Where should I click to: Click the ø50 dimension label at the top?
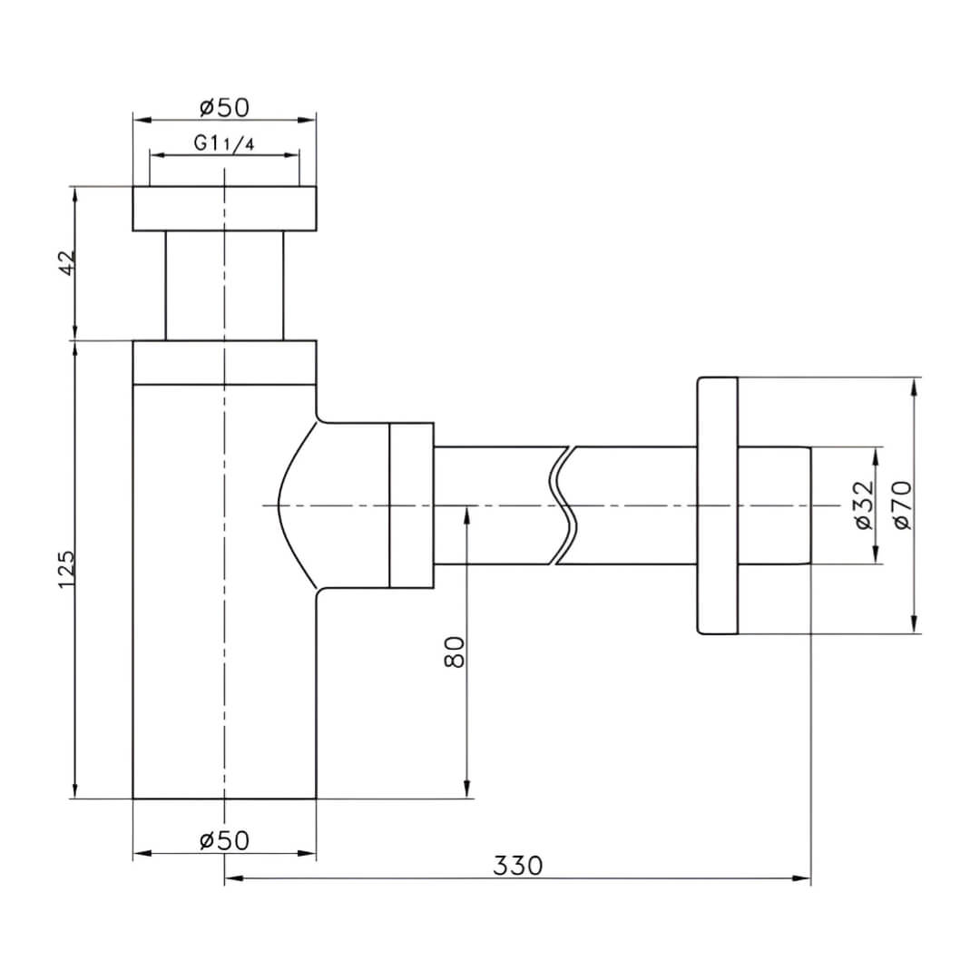224,107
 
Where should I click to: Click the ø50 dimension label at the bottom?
224,840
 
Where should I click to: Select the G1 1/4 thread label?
224,143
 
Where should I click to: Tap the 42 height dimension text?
66,262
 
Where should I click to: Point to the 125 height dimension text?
66,569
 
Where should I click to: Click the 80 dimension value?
455,652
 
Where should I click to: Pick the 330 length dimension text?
518,866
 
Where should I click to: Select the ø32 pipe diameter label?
865,505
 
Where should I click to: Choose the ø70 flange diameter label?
903,505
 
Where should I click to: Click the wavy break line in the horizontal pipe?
563,505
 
